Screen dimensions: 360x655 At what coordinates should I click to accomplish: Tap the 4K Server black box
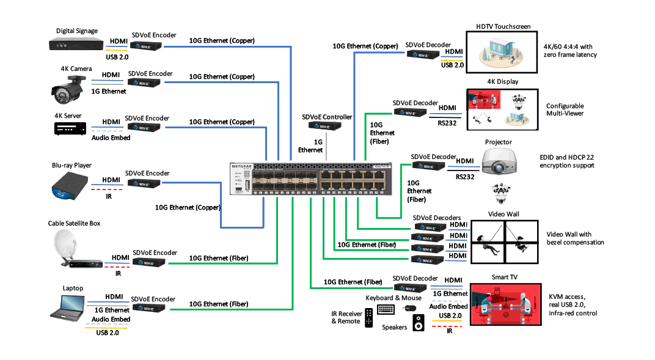71,128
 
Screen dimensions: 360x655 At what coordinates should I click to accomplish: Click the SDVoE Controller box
324,126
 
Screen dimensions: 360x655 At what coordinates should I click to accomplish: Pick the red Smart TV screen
505,304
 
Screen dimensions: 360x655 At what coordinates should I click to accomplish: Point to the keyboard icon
386,309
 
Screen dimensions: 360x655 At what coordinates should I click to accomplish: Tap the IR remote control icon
369,318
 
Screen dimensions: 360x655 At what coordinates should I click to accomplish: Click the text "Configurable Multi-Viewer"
565,109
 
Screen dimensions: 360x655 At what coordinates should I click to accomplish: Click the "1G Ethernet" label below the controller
310,145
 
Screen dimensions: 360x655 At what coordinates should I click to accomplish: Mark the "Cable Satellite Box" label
74,223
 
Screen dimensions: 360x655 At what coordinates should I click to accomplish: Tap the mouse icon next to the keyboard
409,308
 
